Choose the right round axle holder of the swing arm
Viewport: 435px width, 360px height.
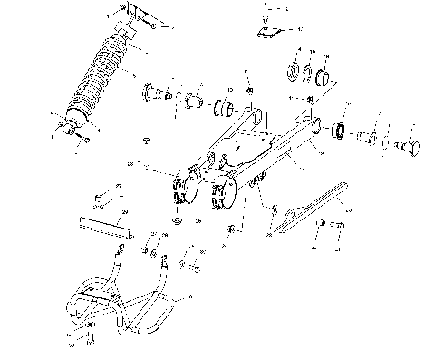tap(221, 196)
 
